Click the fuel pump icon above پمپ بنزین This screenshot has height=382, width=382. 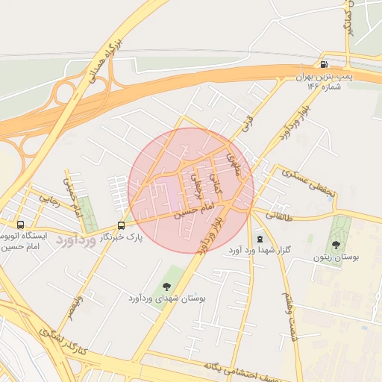point(322,63)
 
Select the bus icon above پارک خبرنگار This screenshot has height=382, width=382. point(122,225)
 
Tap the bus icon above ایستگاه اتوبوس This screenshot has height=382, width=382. point(20,224)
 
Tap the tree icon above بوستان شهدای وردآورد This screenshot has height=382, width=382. point(166,286)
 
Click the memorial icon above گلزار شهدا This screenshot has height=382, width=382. point(259,239)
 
